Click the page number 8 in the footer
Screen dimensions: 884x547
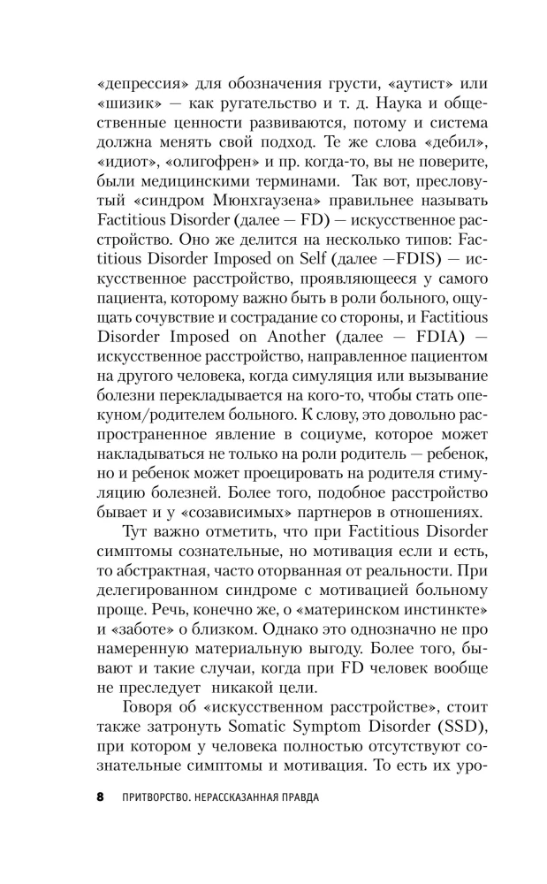point(100,796)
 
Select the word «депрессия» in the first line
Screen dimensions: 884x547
point(141,86)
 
